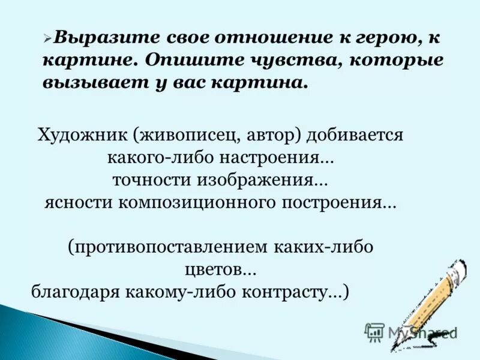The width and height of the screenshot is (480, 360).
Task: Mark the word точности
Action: [145, 180]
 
